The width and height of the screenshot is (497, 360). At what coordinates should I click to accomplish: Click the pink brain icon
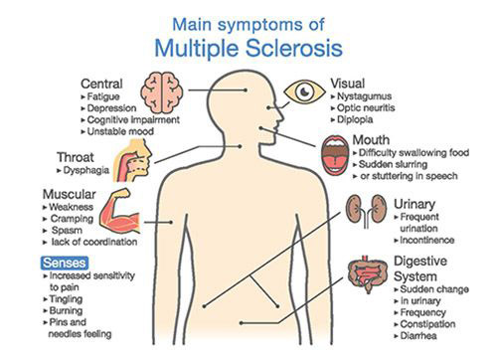pos(160,90)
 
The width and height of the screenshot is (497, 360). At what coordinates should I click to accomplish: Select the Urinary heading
pos(415,204)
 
